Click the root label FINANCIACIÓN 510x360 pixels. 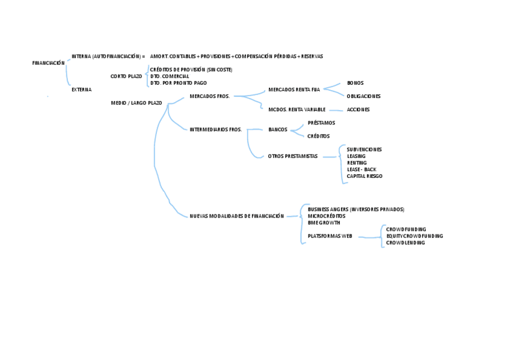click(48, 63)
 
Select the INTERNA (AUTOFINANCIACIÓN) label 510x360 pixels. click(106, 56)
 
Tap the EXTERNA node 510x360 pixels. click(81, 90)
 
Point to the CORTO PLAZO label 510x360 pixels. click(126, 76)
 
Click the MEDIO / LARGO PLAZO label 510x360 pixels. click(137, 103)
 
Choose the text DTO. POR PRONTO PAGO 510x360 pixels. click(179, 83)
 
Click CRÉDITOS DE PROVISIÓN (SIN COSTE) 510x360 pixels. click(191, 70)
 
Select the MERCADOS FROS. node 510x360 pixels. click(209, 96)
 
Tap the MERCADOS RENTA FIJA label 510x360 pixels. click(294, 90)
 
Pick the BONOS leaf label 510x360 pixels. click(355, 83)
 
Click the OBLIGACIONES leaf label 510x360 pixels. click(363, 96)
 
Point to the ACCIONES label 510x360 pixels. click(358, 109)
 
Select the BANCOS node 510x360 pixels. click(278, 130)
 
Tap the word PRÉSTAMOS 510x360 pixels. click(321, 123)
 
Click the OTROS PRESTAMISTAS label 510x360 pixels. click(292, 156)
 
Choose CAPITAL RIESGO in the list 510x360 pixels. click(364, 176)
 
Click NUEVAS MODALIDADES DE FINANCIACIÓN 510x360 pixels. click(236, 216)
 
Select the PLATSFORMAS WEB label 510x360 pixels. click(330, 236)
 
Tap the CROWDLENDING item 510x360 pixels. click(405, 243)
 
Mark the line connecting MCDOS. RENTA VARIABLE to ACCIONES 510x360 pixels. click(336, 110)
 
